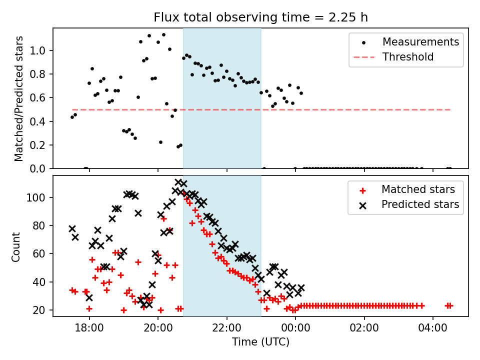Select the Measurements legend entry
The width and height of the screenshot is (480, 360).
[x=420, y=42]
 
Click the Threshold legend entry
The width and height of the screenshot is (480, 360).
[x=408, y=57]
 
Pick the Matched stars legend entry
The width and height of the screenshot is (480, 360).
[x=418, y=189]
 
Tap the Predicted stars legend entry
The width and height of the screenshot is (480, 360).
[x=420, y=204]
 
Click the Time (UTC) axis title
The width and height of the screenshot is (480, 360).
[x=260, y=342]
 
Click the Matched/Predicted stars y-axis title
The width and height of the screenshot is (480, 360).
[x=19, y=98]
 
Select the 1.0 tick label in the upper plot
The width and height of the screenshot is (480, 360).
[x=39, y=51]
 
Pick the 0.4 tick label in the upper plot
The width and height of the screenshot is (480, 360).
[x=39, y=121]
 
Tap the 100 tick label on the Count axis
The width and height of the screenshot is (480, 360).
[x=38, y=197]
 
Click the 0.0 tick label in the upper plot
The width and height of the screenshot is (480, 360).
[x=39, y=169]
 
